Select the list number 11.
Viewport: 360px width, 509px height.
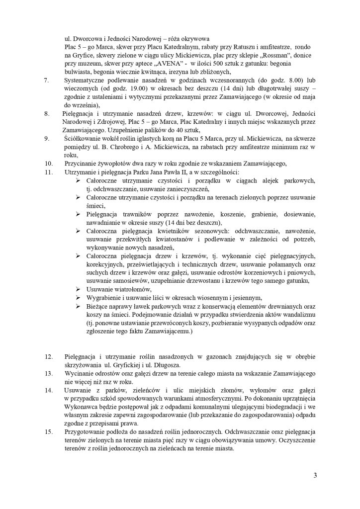48,171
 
